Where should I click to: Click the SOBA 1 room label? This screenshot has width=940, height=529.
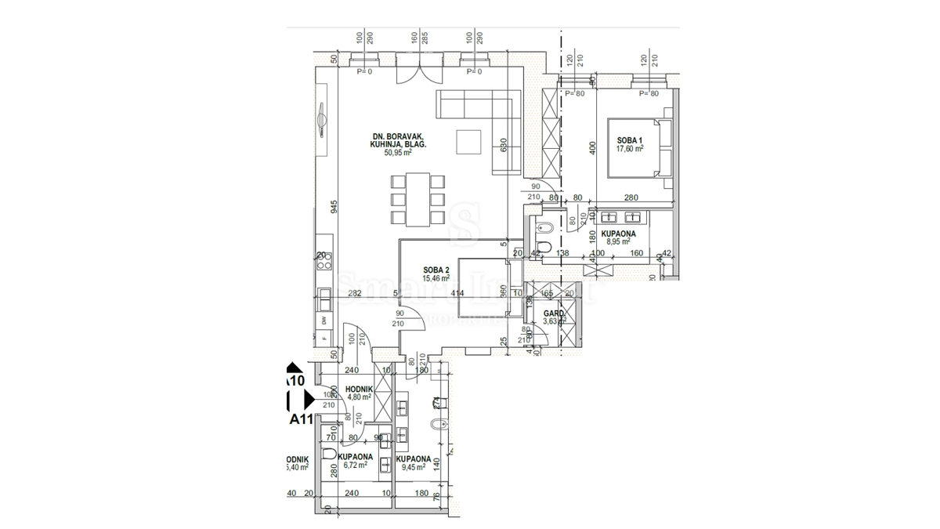click(x=629, y=139)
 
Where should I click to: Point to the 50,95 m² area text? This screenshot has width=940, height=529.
click(x=397, y=153)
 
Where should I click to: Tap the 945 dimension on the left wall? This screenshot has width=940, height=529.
click(x=334, y=207)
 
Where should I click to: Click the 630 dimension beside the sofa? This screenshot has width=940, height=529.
click(x=504, y=147)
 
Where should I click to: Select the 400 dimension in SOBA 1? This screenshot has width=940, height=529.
click(x=593, y=147)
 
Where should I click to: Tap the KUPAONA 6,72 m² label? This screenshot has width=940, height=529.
click(x=355, y=460)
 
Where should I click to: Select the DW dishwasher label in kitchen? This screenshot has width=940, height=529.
click(x=324, y=321)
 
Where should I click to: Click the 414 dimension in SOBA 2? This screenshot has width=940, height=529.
click(x=457, y=293)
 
